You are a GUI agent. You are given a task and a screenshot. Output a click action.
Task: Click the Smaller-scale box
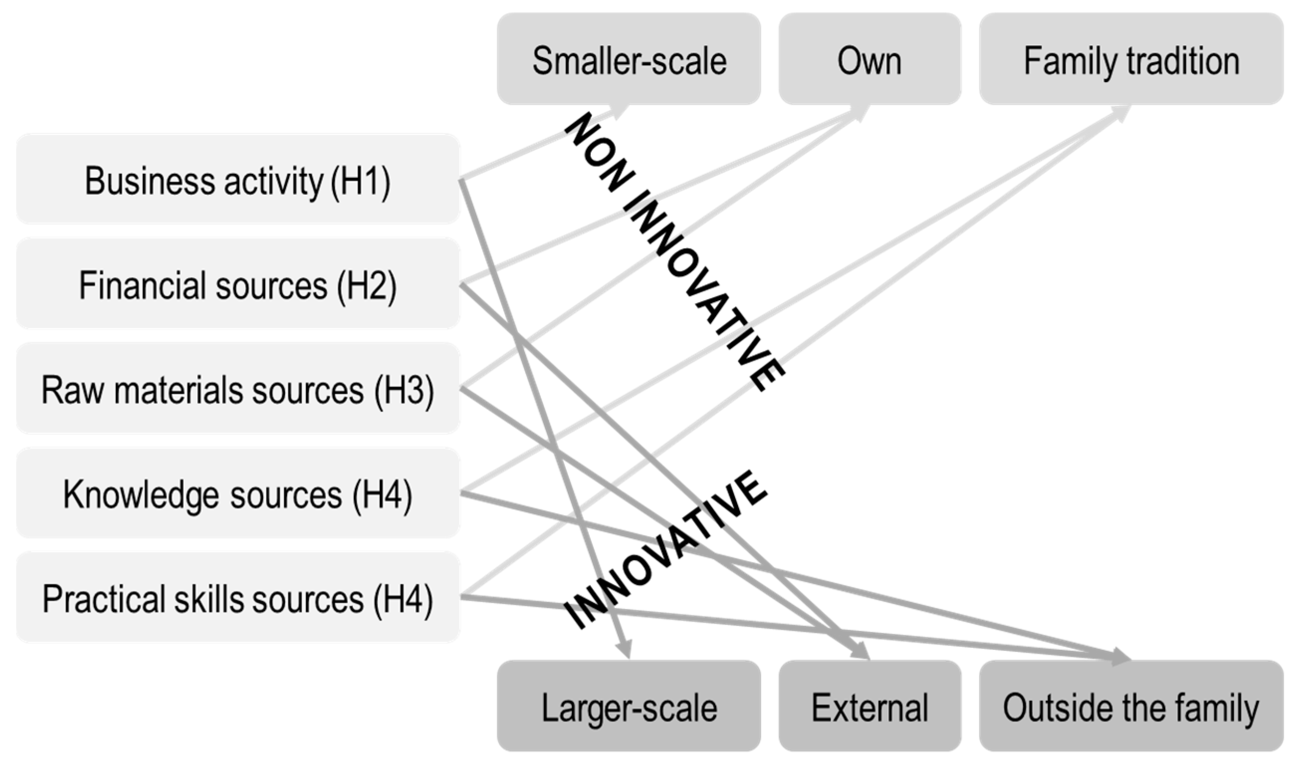point(629,59)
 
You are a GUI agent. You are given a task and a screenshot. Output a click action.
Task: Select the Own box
point(869,59)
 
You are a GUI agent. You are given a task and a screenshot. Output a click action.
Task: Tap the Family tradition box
point(1131,59)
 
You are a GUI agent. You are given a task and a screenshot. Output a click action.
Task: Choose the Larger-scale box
point(629,706)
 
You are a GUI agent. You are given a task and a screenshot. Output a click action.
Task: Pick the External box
point(869,706)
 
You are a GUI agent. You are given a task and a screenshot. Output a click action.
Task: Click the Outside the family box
point(1131,706)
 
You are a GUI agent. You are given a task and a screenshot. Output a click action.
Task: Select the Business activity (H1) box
point(238,179)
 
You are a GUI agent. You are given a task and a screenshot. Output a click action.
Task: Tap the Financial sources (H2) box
point(238,283)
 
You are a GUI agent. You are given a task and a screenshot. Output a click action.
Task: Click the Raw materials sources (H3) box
point(238,388)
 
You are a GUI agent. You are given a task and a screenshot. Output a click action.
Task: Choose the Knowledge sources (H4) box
point(238,492)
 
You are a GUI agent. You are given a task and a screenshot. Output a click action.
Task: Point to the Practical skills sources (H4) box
point(238,597)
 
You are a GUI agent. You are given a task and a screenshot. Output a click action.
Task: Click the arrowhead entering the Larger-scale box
point(624,650)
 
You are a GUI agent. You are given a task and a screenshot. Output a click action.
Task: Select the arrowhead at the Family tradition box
point(1120,113)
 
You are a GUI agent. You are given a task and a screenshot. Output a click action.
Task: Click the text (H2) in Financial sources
point(366,286)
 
